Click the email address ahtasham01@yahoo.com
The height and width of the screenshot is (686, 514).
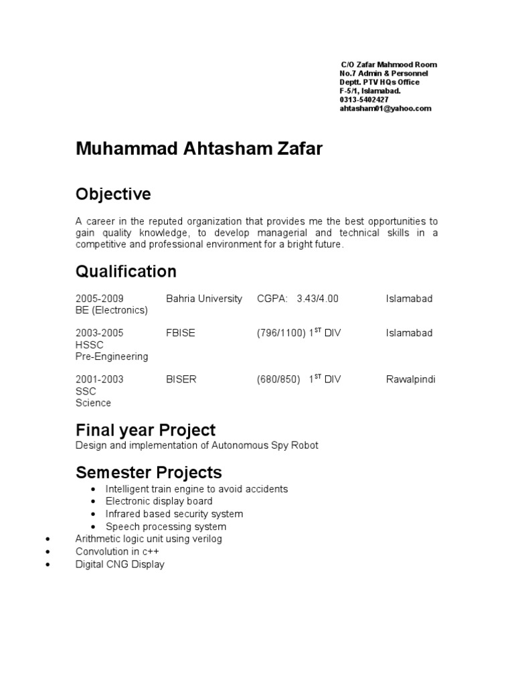tap(385, 108)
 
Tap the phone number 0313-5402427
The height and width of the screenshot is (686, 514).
tap(364, 99)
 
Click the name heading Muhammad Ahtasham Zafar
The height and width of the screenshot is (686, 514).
tap(199, 149)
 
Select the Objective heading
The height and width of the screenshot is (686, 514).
tap(114, 194)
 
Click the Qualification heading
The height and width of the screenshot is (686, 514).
tap(126, 271)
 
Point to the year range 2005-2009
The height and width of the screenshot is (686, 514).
tap(100, 299)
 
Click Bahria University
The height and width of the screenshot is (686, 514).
tap(204, 299)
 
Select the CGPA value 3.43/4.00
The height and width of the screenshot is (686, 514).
tap(317, 299)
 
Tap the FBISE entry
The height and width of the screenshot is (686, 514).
tap(181, 333)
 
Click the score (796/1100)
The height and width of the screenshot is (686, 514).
tap(281, 333)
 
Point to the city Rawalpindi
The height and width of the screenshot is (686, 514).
tap(410, 379)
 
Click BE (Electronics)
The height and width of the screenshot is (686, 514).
tap(112, 310)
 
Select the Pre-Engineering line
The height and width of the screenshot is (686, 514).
tap(112, 356)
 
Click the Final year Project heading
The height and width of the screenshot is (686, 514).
tap(146, 429)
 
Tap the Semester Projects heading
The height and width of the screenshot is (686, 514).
tap(149, 472)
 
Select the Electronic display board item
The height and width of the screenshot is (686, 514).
tap(159, 501)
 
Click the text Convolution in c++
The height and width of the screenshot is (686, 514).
tap(118, 551)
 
